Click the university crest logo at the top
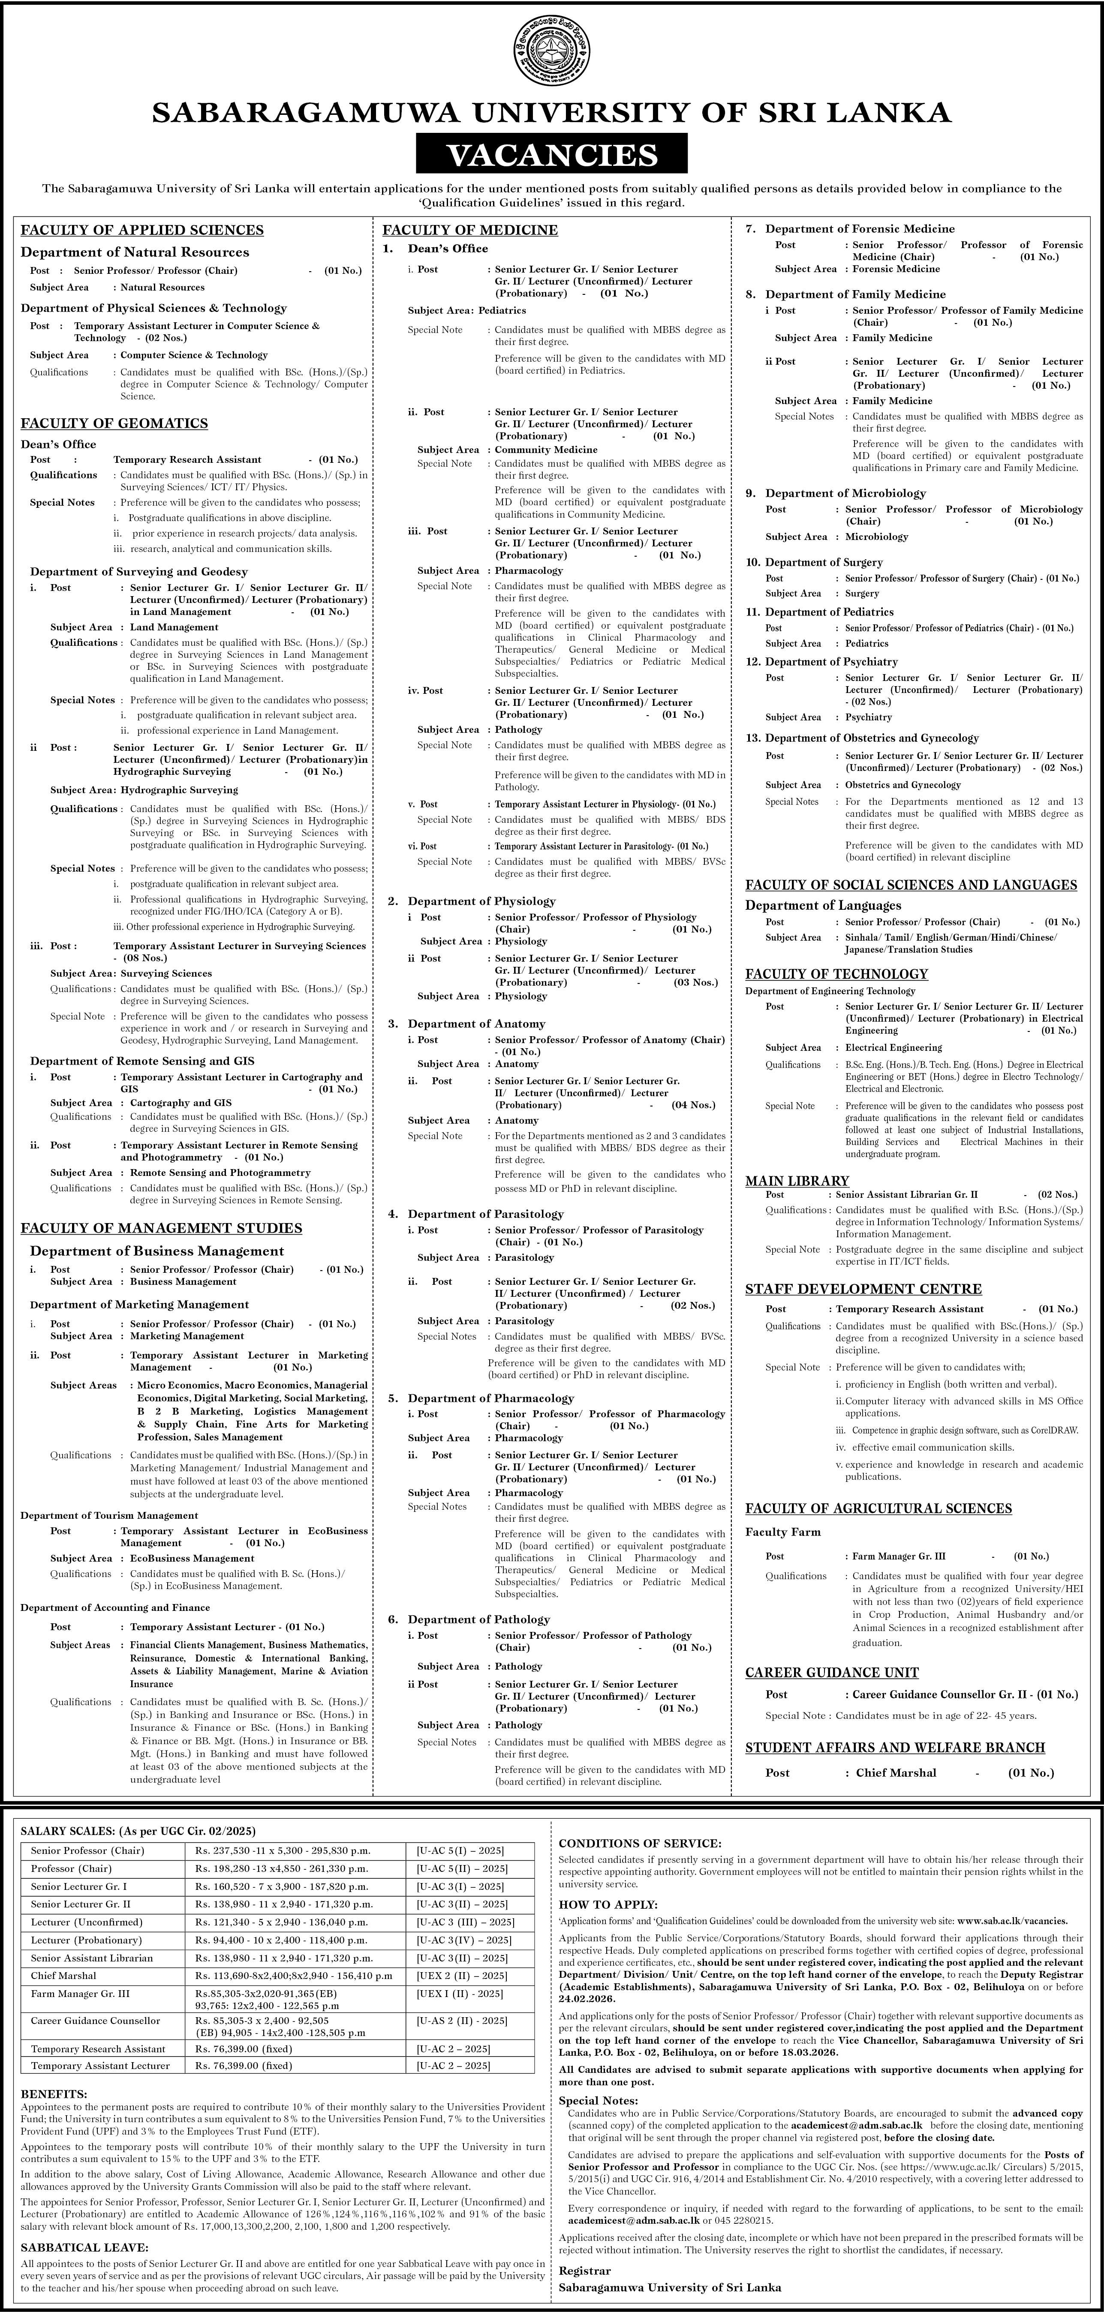point(552,47)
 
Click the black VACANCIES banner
point(552,154)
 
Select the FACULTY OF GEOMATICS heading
point(115,424)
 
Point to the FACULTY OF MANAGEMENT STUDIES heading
point(162,1228)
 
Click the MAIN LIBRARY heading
point(797,1181)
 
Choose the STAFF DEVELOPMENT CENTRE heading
point(863,1289)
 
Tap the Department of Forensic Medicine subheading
point(860,229)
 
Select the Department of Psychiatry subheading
point(831,662)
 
